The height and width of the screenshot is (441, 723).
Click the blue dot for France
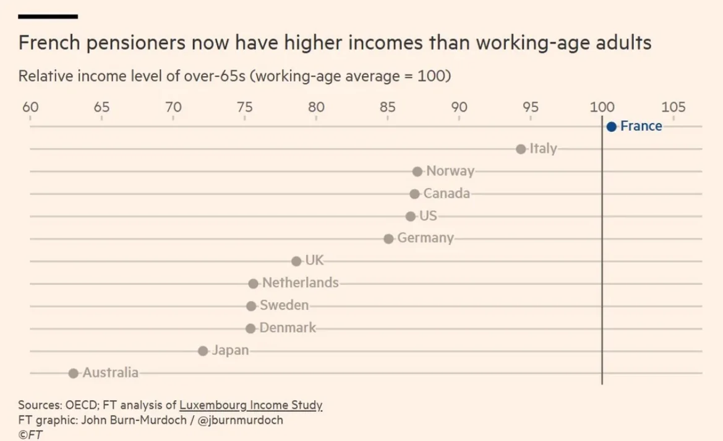[x=612, y=127]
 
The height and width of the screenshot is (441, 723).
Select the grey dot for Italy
[x=521, y=149]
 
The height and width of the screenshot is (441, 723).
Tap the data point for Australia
[x=74, y=373]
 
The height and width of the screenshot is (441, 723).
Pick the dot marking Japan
[x=203, y=351]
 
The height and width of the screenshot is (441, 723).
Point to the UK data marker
[x=296, y=261]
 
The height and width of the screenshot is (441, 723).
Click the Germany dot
[x=388, y=238]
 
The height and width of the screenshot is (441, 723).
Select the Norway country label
[x=450, y=172]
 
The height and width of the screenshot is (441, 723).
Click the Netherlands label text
[x=301, y=283]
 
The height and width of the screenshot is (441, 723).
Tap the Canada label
[x=447, y=194]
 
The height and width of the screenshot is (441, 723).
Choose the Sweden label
[x=284, y=305]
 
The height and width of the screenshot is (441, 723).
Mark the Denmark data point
[x=250, y=328]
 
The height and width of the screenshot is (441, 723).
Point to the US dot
[x=411, y=216]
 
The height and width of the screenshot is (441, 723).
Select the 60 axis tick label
[x=30, y=107]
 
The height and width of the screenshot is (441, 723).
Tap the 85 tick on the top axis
[x=388, y=107]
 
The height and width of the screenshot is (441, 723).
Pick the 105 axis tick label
[x=674, y=107]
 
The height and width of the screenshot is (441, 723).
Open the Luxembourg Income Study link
[x=251, y=406]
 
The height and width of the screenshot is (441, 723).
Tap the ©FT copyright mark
[x=30, y=434]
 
